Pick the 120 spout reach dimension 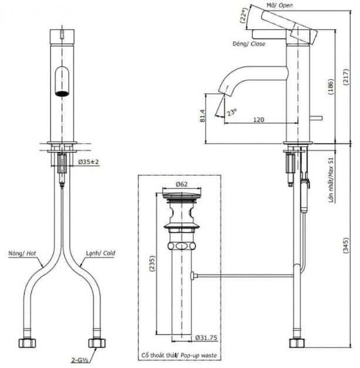[x=258, y=119]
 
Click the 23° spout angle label [x=231, y=112]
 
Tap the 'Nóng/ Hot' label [x=22, y=254]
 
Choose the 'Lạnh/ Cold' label [x=100, y=254]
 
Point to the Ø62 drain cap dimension [x=181, y=184]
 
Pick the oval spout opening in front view [x=62, y=81]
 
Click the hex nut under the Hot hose [x=27, y=342]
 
